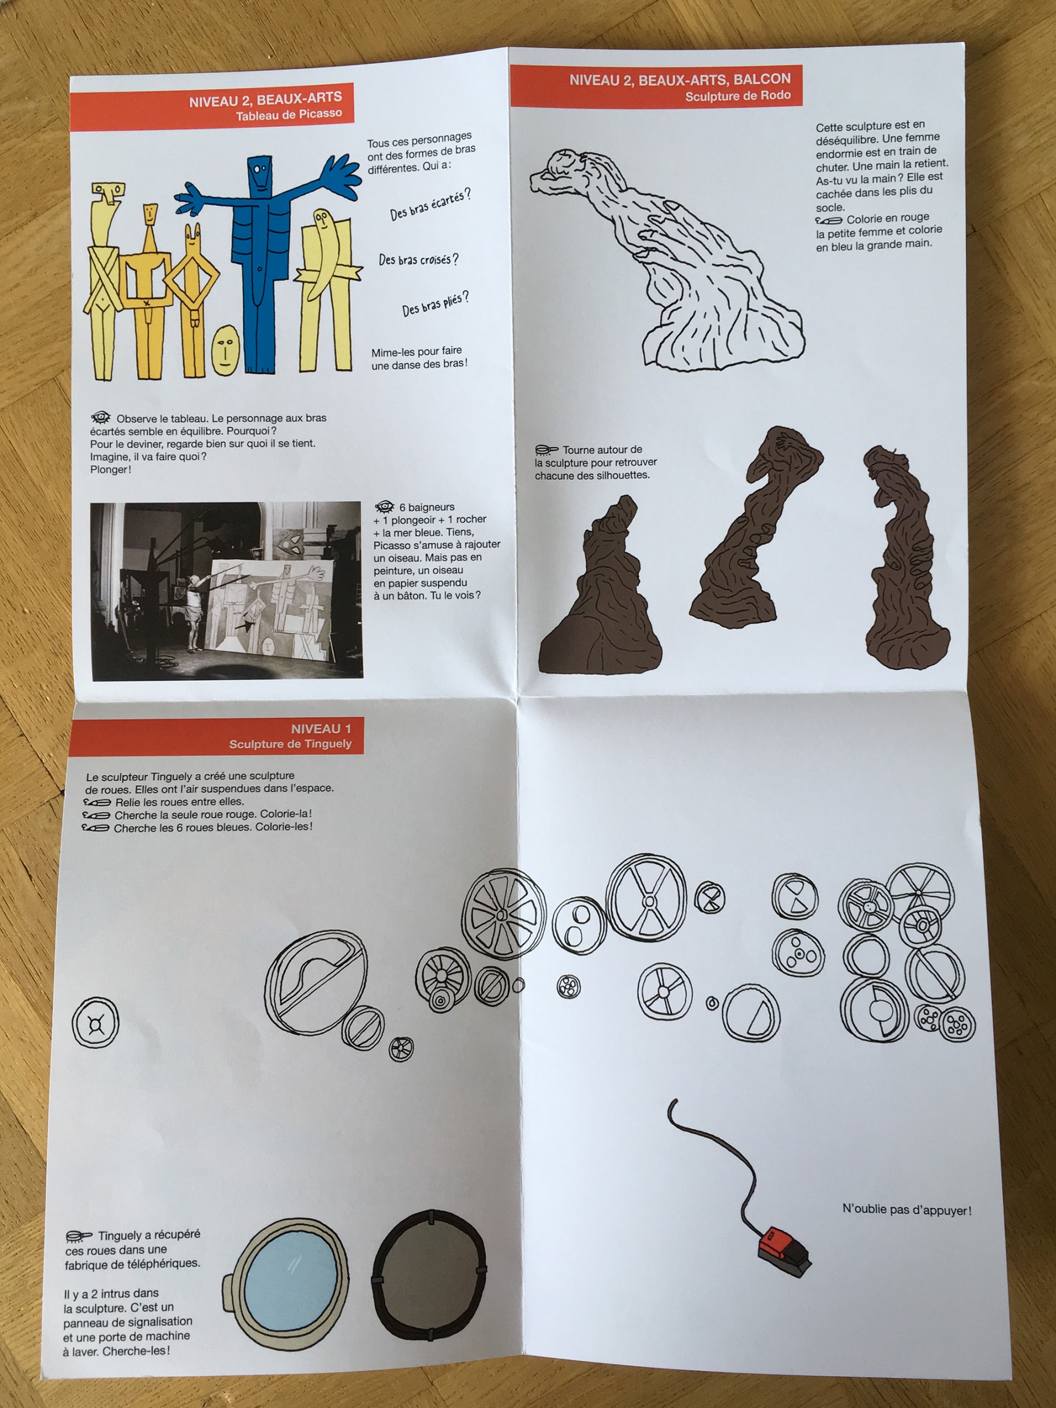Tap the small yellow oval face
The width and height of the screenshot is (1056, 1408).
pos(225,350)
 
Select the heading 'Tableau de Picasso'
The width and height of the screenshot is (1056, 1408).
pos(289,114)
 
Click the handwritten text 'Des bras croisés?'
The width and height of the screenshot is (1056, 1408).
pos(418,260)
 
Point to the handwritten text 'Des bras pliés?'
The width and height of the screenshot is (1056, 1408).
pos(435,304)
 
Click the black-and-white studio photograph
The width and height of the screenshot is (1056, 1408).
pos(226,591)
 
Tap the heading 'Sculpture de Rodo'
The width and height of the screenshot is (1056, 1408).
pos(738,96)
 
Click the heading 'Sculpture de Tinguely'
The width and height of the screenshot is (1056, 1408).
pos(290,743)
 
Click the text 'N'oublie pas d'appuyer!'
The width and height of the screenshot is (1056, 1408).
pos(907,1209)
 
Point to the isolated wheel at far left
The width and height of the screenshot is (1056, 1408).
pos(96,1022)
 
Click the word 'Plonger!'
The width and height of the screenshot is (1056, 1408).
pos(111,470)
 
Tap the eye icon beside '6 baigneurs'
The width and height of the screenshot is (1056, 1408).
pos(384,507)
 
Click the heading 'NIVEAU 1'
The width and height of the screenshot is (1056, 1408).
pos(321,729)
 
